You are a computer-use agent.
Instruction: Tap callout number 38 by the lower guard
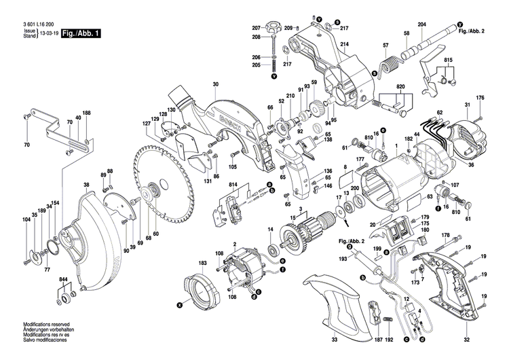pos(86,185)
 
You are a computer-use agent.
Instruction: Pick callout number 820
pos(400,88)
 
